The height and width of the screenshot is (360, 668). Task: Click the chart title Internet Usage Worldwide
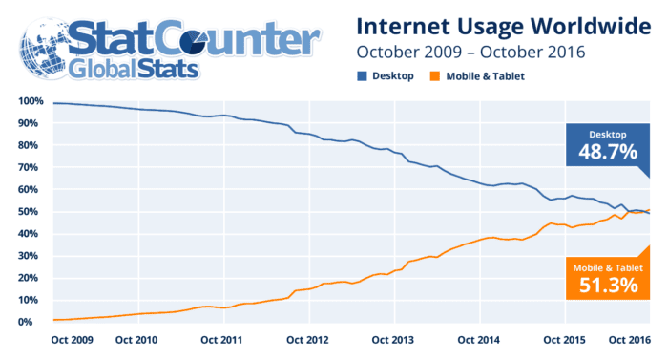pyautogui.click(x=504, y=28)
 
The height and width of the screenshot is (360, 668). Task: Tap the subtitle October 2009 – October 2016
pyautogui.click(x=470, y=53)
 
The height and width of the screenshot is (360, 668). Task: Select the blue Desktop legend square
pyautogui.click(x=362, y=76)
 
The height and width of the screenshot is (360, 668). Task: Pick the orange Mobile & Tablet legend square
pyautogui.click(x=435, y=76)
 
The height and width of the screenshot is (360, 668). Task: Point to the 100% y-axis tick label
pyautogui.click(x=31, y=101)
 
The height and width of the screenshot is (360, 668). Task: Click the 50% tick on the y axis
pyautogui.click(x=28, y=212)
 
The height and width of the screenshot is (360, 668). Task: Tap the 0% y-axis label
pyautogui.click(x=26, y=322)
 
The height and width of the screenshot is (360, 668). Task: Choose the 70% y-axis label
pyautogui.click(x=28, y=168)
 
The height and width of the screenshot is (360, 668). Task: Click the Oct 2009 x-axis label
pyautogui.click(x=72, y=340)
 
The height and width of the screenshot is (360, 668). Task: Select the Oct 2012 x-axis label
pyautogui.click(x=307, y=340)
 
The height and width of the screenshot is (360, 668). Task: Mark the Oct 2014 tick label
pyautogui.click(x=478, y=340)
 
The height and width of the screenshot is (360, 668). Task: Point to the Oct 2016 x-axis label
pyautogui.click(x=630, y=340)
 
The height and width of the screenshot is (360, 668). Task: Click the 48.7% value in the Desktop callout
pyautogui.click(x=608, y=152)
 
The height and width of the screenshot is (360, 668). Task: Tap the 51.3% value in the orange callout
pyautogui.click(x=609, y=285)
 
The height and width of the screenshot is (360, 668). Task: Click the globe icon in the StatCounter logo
pyautogui.click(x=46, y=48)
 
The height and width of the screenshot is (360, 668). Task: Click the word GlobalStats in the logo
pyautogui.click(x=134, y=69)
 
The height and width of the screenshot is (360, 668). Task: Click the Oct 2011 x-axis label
pyautogui.click(x=221, y=340)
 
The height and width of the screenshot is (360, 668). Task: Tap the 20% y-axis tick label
pyautogui.click(x=28, y=278)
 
